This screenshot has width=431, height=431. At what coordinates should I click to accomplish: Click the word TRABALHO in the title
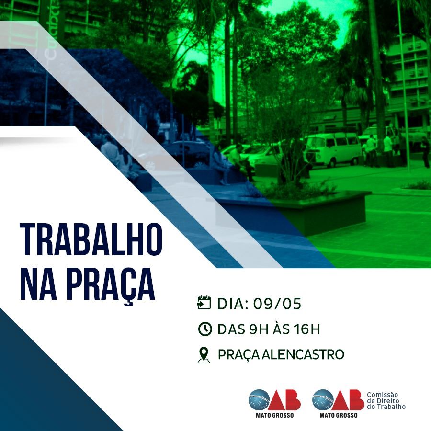pyautogui.click(x=91, y=239)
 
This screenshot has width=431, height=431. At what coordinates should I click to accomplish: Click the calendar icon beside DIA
pyautogui.click(x=204, y=303)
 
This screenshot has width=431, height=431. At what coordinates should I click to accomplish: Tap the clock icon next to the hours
pyautogui.click(x=205, y=329)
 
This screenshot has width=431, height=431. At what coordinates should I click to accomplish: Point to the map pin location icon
pyautogui.click(x=204, y=355)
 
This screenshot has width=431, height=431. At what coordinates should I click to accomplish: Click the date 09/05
pyautogui.click(x=277, y=304)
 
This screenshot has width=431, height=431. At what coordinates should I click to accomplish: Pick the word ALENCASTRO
pyautogui.click(x=303, y=354)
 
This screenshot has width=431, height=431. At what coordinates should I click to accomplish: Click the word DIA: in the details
pyautogui.click(x=233, y=304)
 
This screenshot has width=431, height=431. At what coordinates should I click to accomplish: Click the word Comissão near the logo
pyautogui.click(x=382, y=395)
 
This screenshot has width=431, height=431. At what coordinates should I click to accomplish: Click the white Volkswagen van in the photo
pyautogui.click(x=333, y=149)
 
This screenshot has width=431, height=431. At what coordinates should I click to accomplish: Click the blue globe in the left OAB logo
pyautogui.click(x=259, y=400)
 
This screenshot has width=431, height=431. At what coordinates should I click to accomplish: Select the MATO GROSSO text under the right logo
pyautogui.click(x=339, y=415)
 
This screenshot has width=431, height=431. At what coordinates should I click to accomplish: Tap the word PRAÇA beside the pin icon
pyautogui.click(x=238, y=355)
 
